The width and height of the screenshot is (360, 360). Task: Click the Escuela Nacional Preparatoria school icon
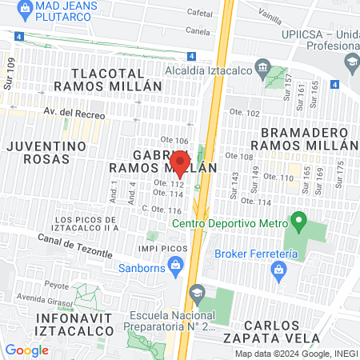(x=197, y=295)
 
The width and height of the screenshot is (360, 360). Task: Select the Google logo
(x=26, y=350)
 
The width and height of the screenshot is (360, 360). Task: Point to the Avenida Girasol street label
(x=44, y=299)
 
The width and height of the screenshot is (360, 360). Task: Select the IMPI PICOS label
(x=162, y=249)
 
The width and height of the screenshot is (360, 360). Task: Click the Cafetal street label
(x=199, y=13)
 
